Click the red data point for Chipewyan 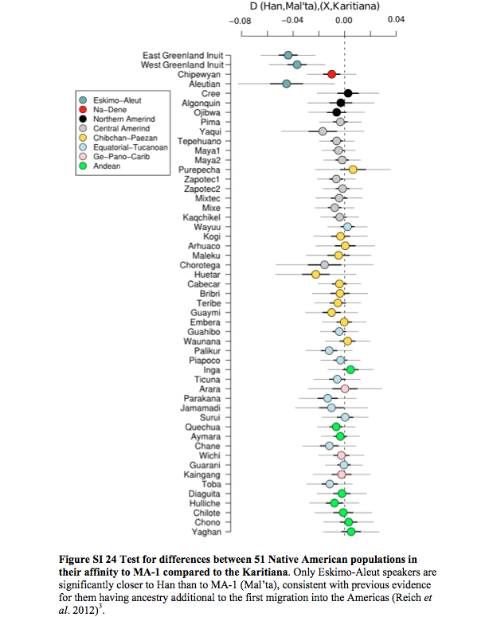[x=331, y=74]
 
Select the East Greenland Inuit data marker [x=288, y=56]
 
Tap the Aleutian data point [x=287, y=84]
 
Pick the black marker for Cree [x=348, y=93]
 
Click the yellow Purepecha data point [x=353, y=170]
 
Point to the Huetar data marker [x=315, y=274]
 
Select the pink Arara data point [x=345, y=389]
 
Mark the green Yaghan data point [x=351, y=532]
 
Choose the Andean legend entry [x=100, y=166]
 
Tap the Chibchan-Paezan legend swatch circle [x=83, y=138]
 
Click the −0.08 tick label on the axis [x=241, y=21]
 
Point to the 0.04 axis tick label [x=396, y=20]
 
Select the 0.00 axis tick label [x=344, y=21]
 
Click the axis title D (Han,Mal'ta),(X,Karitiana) [x=315, y=6]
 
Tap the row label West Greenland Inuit [x=182, y=65]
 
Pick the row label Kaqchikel [x=201, y=217]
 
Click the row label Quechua [x=203, y=428]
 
